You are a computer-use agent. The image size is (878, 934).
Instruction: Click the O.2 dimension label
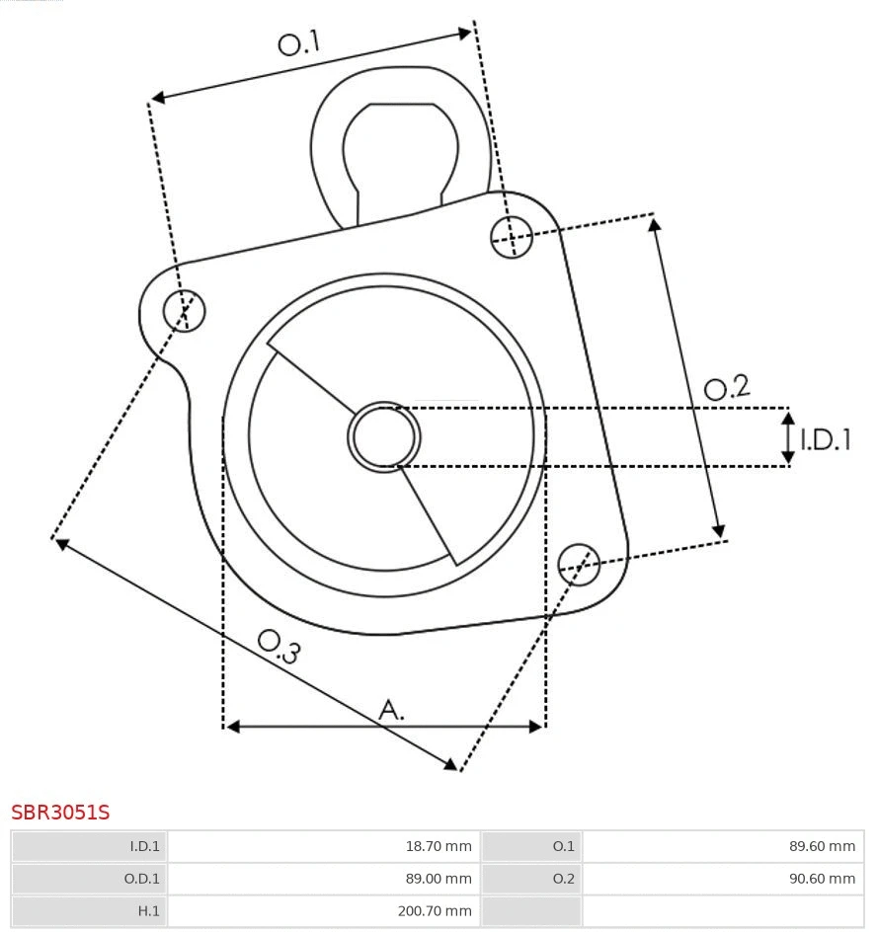(x=727, y=387)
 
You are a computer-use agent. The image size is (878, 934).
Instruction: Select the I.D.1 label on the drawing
(x=825, y=438)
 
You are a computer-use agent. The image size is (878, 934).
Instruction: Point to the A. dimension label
(x=392, y=708)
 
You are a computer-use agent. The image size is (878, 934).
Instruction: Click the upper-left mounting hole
(x=185, y=311)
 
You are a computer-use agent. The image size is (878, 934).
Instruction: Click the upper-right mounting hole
(x=512, y=236)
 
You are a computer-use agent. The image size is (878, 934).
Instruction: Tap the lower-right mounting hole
(x=579, y=563)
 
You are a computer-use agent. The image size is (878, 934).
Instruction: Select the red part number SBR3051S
(x=60, y=813)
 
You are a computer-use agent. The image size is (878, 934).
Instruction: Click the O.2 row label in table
(x=563, y=879)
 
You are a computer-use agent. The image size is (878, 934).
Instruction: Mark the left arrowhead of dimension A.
(x=233, y=727)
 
